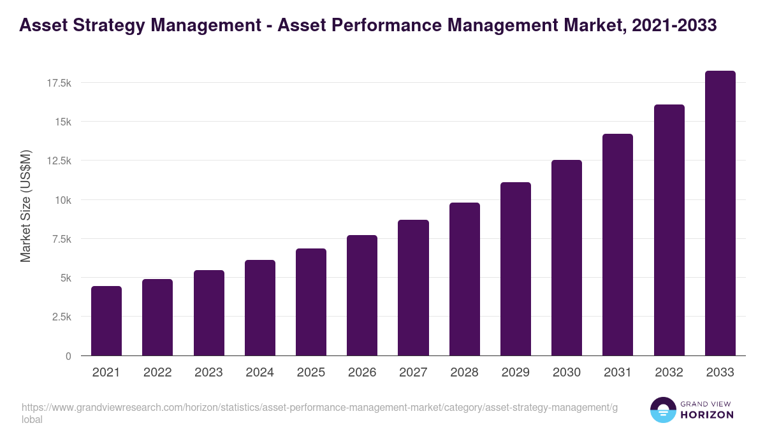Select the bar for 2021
(x=106, y=321)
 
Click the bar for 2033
(x=720, y=213)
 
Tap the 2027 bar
(x=413, y=288)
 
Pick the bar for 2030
(x=567, y=258)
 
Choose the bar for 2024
(x=259, y=308)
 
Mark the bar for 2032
(x=669, y=230)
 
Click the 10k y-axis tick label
(x=62, y=200)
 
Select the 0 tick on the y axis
(x=68, y=356)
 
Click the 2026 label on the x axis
(x=362, y=373)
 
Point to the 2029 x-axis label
(x=515, y=373)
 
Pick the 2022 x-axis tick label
(x=157, y=373)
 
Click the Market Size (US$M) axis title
(x=25, y=205)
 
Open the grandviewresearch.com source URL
(x=319, y=408)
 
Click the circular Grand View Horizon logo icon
(x=662, y=410)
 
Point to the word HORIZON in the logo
(x=706, y=415)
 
